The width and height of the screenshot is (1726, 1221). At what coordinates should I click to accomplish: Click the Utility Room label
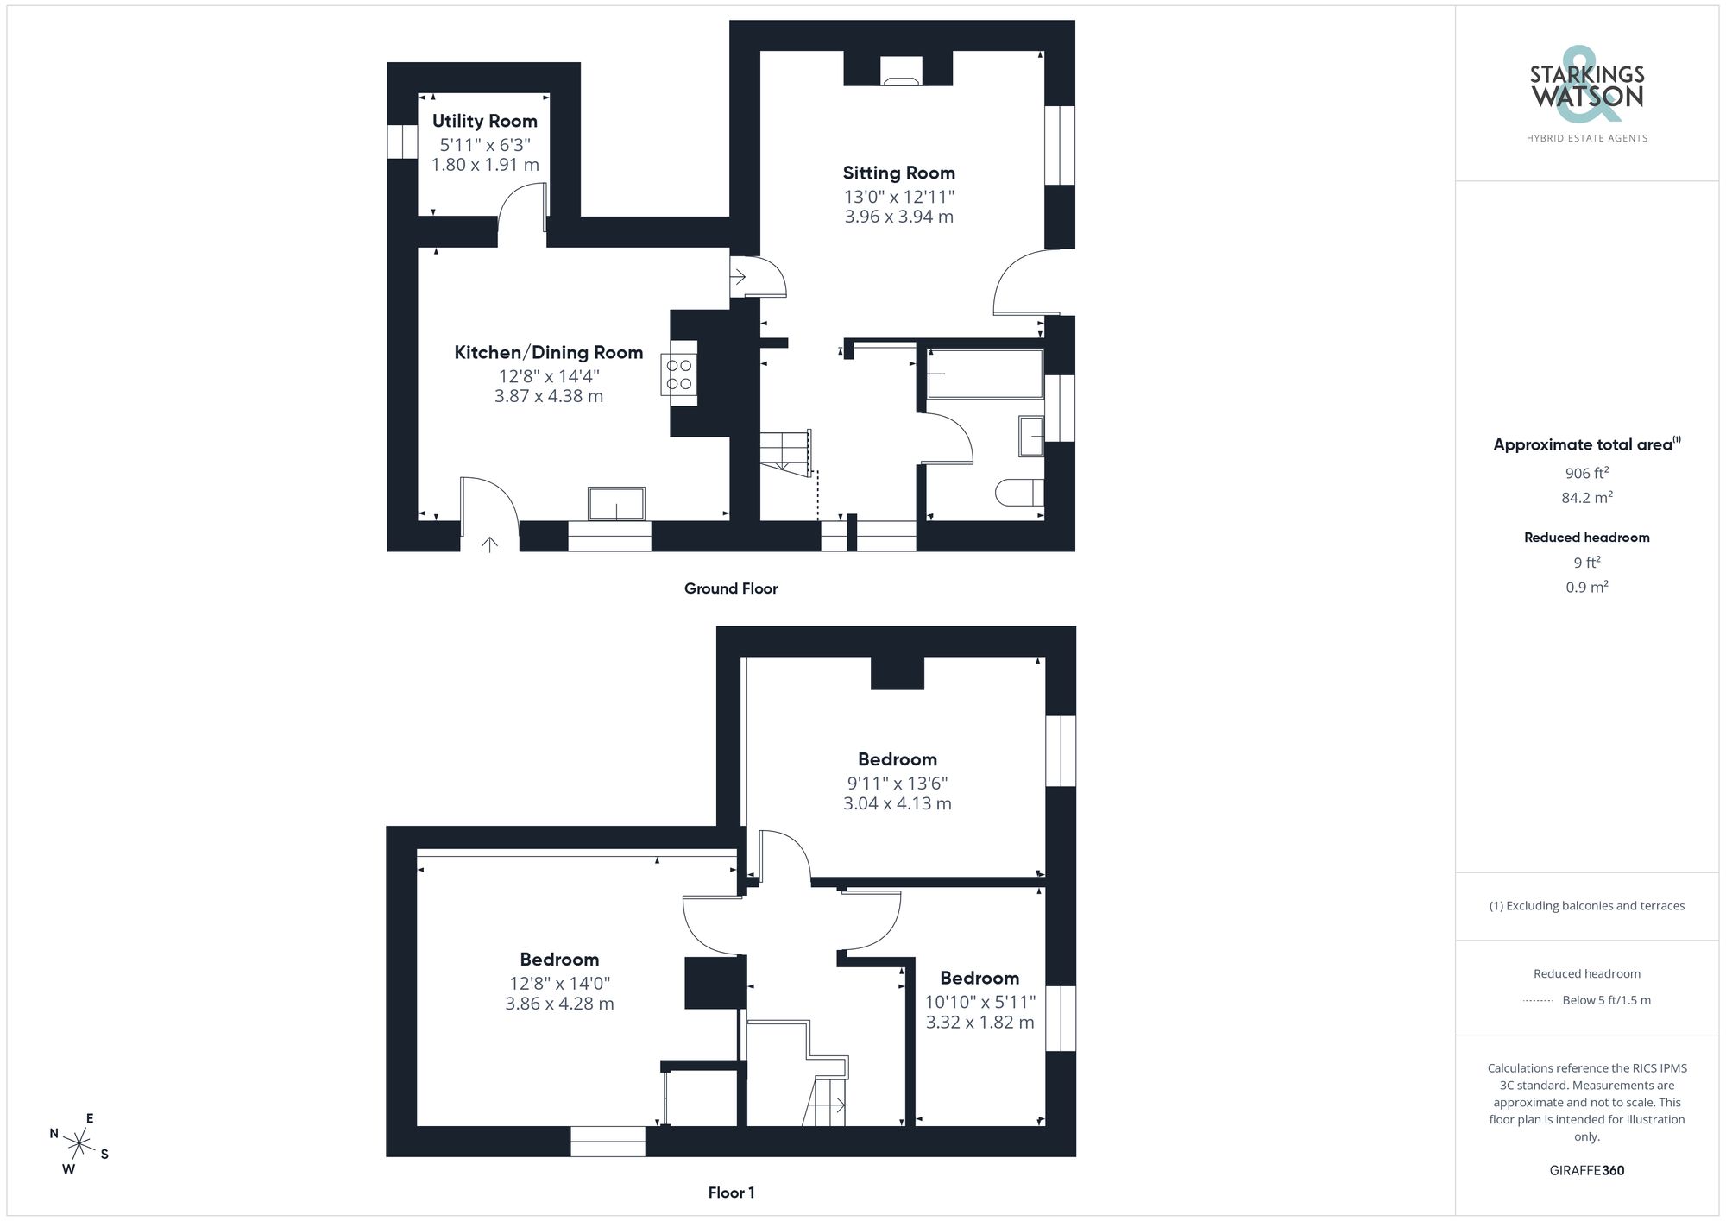(484, 122)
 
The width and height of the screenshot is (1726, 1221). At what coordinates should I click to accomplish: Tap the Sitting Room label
(898, 173)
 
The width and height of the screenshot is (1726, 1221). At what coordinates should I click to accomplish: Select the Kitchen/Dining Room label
(548, 353)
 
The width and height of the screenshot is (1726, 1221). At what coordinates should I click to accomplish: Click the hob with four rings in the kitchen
(679, 374)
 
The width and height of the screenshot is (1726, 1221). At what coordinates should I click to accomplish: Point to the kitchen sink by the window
(616, 504)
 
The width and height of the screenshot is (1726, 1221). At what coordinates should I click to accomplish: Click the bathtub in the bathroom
(985, 374)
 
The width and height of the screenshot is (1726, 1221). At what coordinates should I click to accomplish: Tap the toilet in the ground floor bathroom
(1018, 493)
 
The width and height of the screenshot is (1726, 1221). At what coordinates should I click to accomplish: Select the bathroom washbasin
(1030, 436)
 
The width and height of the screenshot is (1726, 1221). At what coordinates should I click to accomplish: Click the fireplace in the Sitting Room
(901, 72)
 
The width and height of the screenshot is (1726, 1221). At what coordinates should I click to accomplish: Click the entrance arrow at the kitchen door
(489, 544)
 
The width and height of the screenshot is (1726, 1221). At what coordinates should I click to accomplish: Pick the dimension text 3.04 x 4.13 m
(897, 804)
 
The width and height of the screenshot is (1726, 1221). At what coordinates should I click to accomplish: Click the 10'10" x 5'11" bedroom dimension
(980, 1003)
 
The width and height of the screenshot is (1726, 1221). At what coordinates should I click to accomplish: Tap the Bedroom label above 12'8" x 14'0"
(559, 960)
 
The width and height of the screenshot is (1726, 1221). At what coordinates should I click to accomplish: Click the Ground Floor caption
(731, 588)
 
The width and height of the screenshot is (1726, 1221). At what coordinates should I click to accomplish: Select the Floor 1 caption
(731, 1193)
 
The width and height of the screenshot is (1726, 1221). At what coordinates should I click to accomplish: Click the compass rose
(79, 1145)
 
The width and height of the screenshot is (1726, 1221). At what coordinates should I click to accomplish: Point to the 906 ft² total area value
(1586, 473)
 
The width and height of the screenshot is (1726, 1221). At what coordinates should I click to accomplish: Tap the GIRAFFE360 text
(1586, 1171)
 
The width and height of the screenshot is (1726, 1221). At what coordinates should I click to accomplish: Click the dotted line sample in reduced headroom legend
(1538, 1001)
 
